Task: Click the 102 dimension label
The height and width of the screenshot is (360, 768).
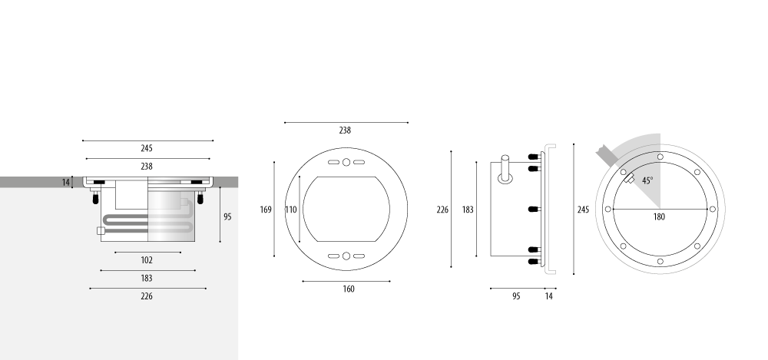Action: tap(147, 260)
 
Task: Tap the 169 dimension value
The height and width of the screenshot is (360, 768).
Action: tap(266, 210)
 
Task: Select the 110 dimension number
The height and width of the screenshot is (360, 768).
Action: tap(291, 210)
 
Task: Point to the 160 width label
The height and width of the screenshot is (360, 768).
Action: tap(348, 289)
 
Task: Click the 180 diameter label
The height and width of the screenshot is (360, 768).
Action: tap(659, 216)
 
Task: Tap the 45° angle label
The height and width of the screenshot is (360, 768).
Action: tap(647, 180)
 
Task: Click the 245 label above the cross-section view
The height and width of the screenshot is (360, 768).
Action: tap(147, 148)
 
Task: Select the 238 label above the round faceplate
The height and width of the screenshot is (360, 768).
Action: tap(345, 130)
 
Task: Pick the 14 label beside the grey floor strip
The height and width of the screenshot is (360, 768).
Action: tap(66, 183)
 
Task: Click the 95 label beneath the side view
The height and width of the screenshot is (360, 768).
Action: tap(516, 296)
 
